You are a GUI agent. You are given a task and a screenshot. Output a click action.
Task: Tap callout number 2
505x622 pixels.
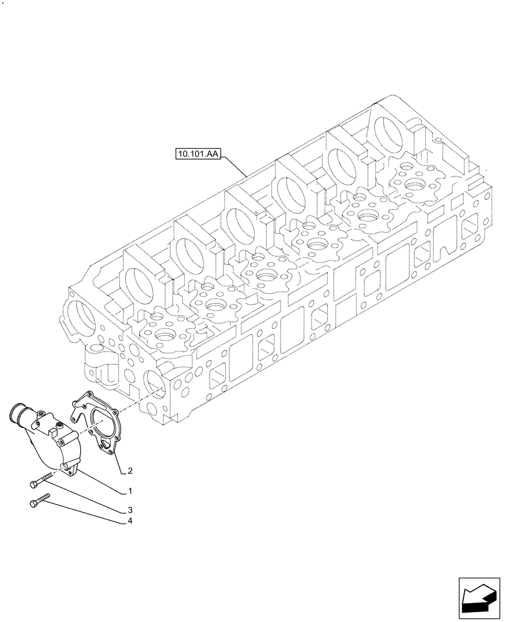129,470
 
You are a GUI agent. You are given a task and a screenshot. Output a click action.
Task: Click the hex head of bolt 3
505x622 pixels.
33,483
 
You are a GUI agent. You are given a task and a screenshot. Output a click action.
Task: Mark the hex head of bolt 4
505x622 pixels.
33,503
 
